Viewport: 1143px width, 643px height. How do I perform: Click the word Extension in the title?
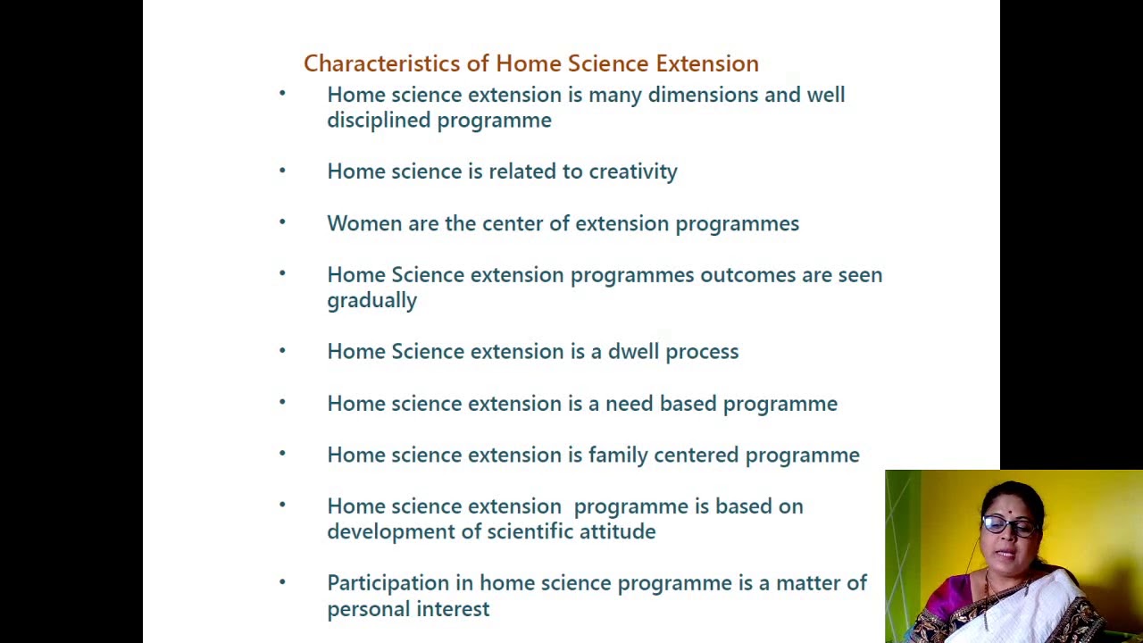coord(706,63)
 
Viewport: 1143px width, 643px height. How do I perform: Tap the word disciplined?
coord(379,121)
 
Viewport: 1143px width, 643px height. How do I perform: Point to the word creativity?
coord(632,171)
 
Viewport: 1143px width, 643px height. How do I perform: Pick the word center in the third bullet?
coord(512,223)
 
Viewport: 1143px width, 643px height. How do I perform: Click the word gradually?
coord(371,301)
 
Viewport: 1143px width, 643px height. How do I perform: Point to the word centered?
coord(696,455)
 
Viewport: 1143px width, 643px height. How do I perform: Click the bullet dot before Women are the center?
coord(282,221)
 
